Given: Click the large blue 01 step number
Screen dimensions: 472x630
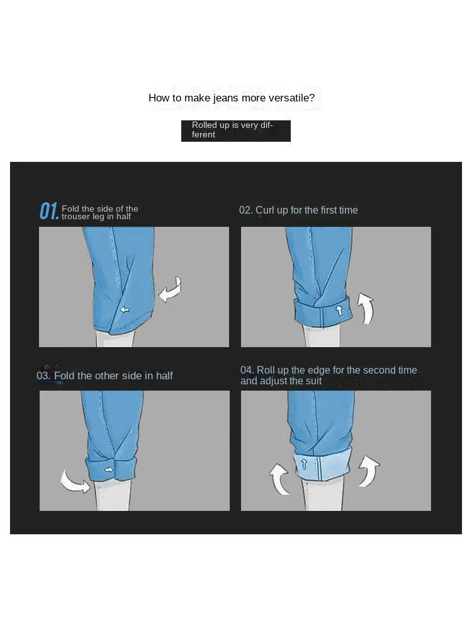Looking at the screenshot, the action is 49,211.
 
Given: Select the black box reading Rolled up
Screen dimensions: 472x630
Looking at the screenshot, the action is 236,131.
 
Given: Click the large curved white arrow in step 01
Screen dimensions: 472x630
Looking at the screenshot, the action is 170,289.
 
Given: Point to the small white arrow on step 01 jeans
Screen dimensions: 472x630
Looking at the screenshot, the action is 125,309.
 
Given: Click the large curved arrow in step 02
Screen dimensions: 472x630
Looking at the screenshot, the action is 366,308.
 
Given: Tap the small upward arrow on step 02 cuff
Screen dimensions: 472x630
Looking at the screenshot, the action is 339,310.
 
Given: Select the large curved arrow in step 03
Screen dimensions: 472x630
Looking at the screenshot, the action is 75,481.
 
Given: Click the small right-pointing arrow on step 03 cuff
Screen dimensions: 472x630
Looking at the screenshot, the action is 109,469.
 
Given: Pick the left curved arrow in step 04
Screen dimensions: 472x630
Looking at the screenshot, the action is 279,479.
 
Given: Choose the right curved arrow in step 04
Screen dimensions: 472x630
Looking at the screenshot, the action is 369,471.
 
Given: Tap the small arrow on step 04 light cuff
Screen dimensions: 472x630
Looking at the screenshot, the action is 304,464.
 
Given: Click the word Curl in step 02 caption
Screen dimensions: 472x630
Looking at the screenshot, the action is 265,210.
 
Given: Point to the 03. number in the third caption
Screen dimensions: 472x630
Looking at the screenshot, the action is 43,375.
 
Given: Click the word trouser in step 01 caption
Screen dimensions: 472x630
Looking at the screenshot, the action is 76,217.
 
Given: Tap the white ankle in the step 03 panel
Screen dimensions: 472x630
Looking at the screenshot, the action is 113,496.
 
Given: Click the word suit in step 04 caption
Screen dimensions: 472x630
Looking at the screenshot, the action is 313,381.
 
